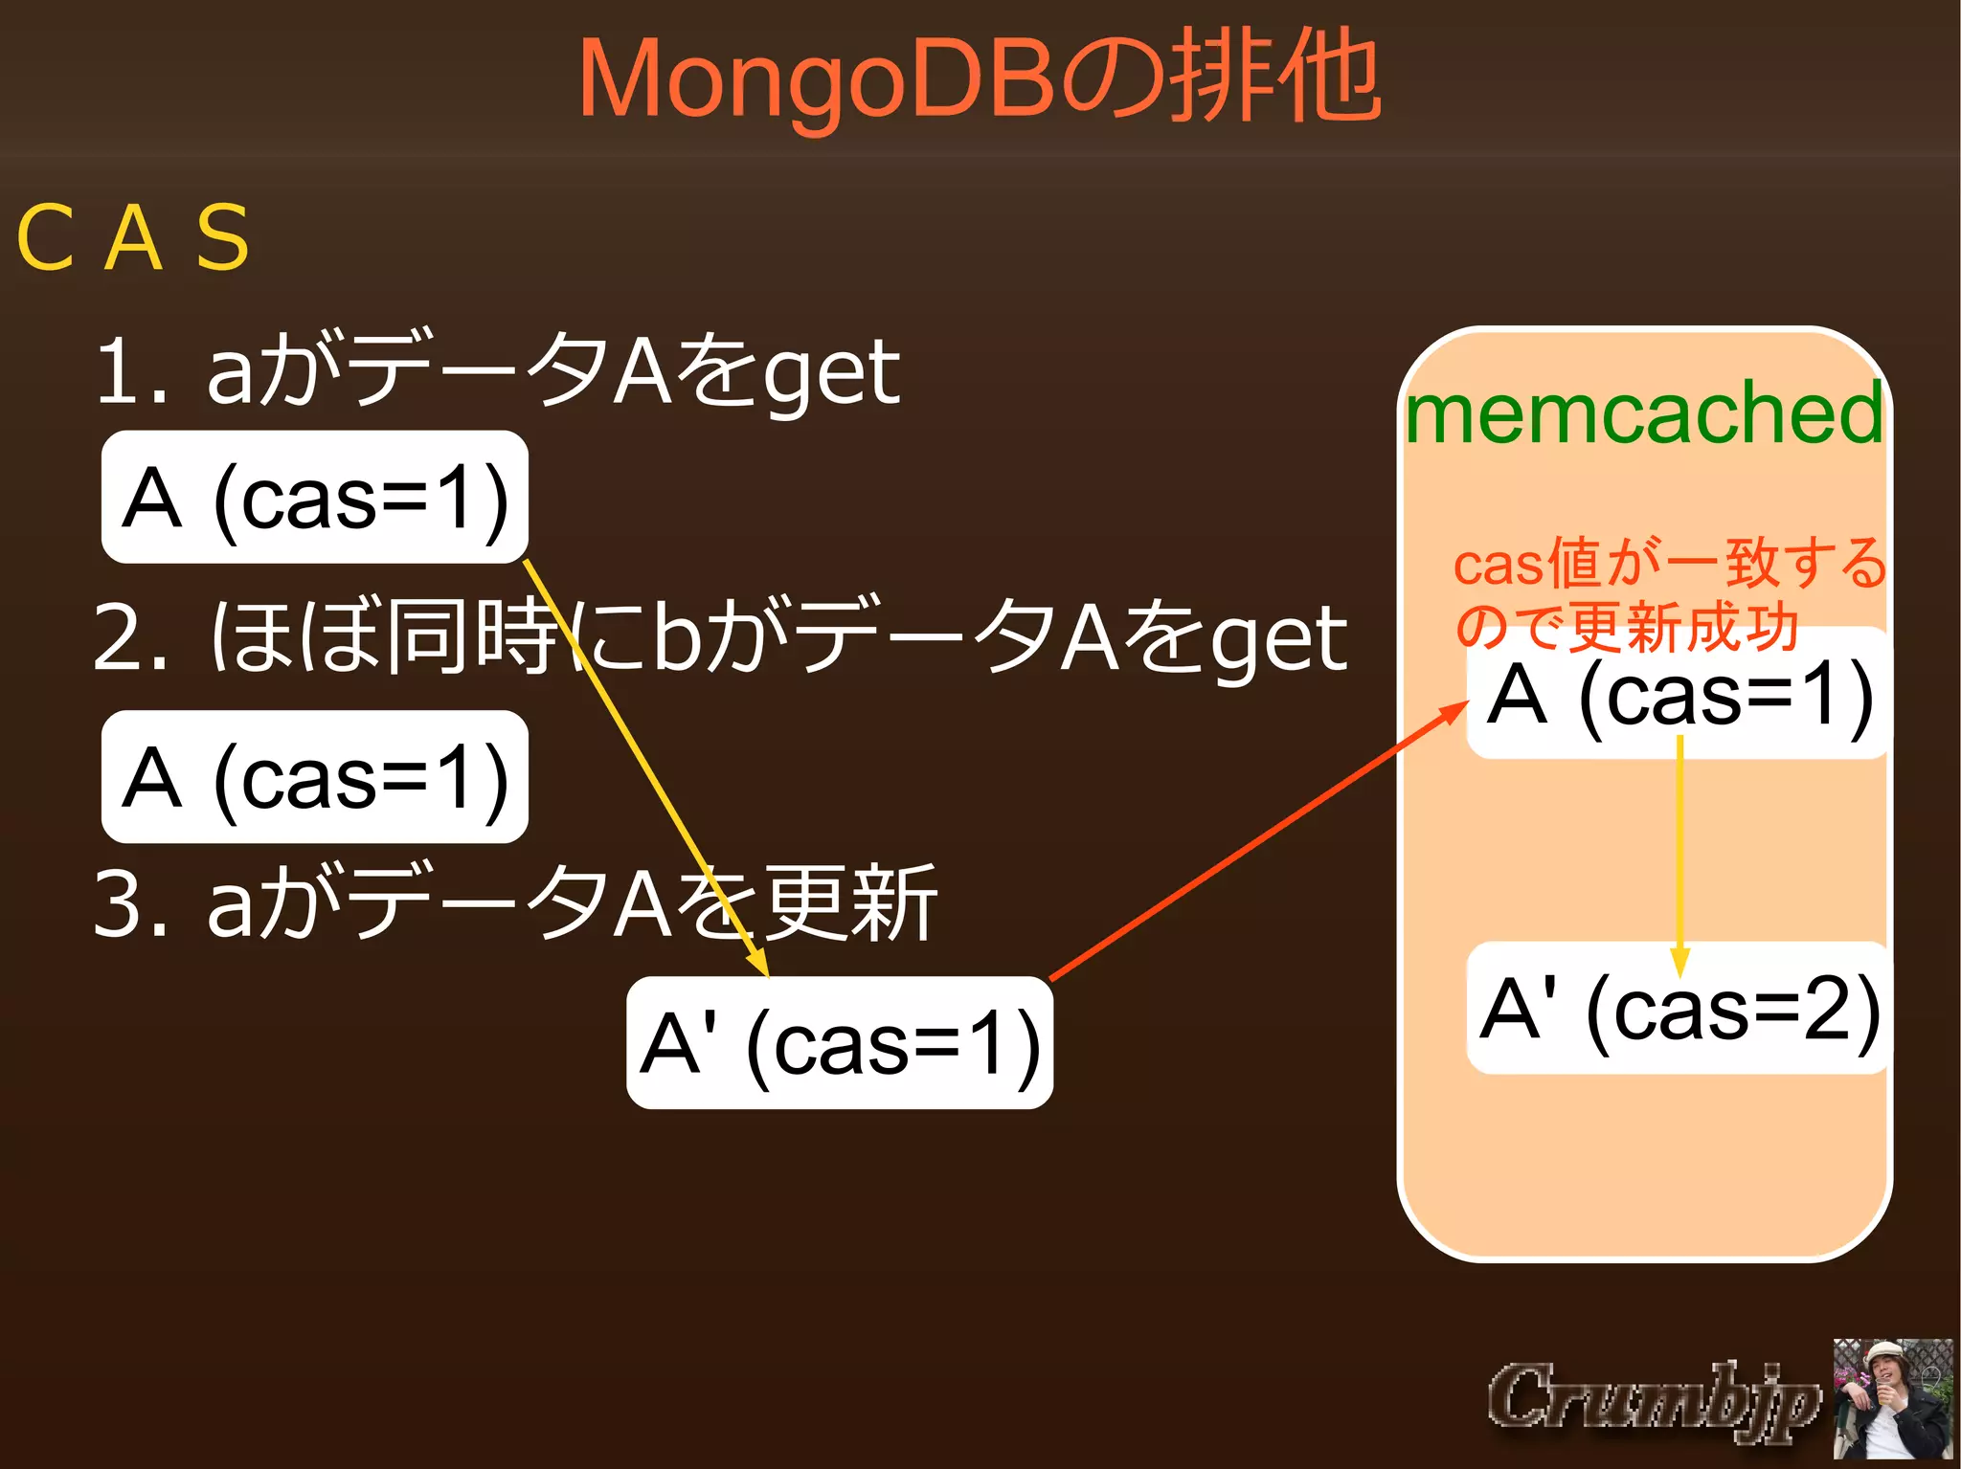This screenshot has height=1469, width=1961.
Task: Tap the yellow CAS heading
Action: coord(134,237)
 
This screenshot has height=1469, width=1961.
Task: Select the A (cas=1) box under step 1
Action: coord(314,498)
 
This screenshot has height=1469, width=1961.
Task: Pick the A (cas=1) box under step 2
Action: coord(314,777)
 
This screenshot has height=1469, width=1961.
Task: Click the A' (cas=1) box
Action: coord(839,1043)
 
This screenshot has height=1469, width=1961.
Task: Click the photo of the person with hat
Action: coord(1892,1399)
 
